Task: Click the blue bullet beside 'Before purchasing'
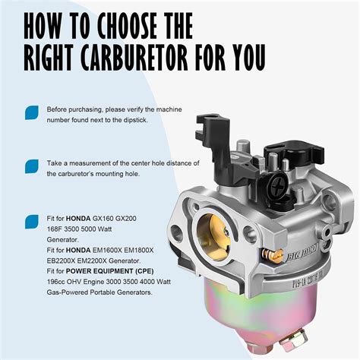(31, 112)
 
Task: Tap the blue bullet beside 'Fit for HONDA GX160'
(31, 221)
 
